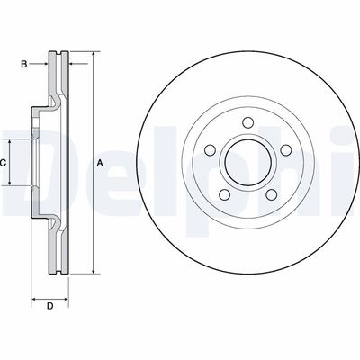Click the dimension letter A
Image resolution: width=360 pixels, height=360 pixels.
click(100, 162)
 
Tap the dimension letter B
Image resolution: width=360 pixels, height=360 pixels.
click(25, 64)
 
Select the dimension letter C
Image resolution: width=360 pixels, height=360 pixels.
click(4, 162)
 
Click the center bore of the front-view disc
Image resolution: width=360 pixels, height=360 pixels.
click(242, 165)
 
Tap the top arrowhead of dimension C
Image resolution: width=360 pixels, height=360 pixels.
click(12, 143)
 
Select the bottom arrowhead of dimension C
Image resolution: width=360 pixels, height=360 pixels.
click(12, 184)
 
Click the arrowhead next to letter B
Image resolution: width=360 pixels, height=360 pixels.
click(46, 64)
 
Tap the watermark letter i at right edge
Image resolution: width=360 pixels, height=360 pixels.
click(351, 162)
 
